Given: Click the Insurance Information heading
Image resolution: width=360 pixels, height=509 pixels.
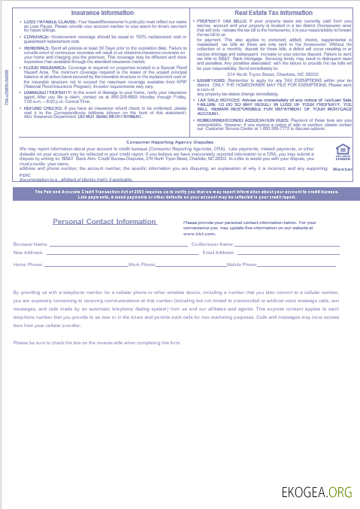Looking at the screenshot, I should [x=103, y=14].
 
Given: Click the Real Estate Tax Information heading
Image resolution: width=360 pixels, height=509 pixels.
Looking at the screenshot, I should [x=274, y=14].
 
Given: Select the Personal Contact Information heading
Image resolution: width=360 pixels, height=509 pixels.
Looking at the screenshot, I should [x=104, y=222].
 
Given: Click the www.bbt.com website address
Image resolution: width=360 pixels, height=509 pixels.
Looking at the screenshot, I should [x=200, y=234].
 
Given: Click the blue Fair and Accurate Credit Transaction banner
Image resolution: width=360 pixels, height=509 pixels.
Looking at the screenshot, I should [x=180, y=195].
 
